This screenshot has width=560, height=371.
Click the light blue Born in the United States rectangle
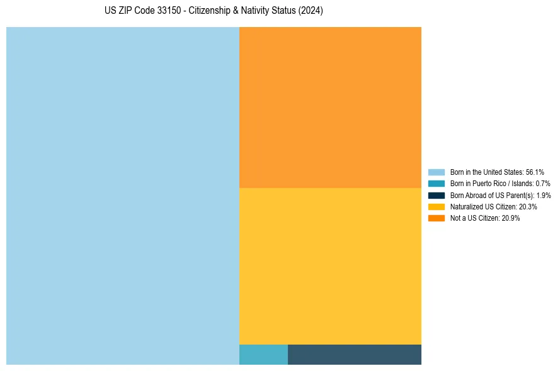coord(123,196)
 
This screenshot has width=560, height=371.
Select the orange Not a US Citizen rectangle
coord(330,108)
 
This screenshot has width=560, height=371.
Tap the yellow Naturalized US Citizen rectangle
coord(330,266)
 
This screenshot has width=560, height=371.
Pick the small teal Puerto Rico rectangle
coord(263,355)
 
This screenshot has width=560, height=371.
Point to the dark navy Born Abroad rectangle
coord(355,355)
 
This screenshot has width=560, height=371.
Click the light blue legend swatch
coord(437,172)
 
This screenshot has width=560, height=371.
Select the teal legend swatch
coord(437,184)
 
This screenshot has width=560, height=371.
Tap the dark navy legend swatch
coord(437,195)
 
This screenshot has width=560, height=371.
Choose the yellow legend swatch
coord(437,206)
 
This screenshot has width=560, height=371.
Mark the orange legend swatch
coord(437,218)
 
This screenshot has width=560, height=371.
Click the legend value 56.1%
coord(535,172)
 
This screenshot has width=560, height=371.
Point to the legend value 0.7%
coord(543,184)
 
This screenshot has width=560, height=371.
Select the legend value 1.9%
coord(544,195)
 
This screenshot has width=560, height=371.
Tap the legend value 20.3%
coord(528,206)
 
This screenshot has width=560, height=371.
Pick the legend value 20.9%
coord(511,218)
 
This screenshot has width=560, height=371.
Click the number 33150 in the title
coord(166,11)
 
